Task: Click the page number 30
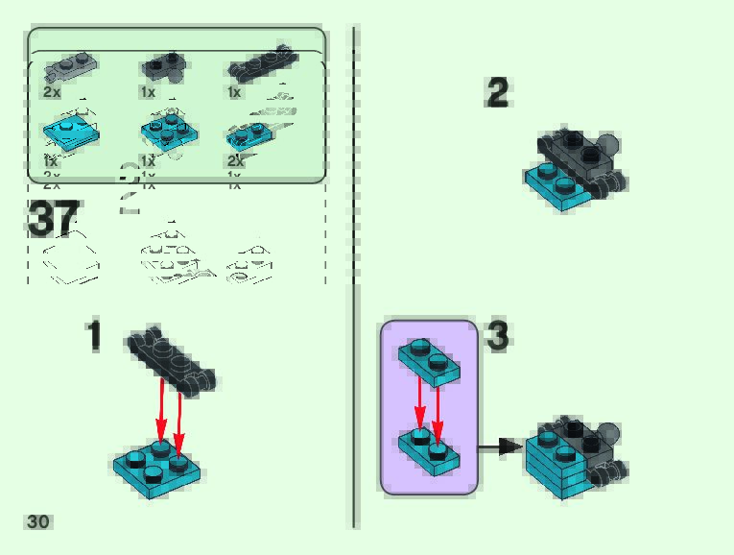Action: click(38, 522)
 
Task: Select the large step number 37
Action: click(54, 219)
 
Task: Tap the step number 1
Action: click(94, 336)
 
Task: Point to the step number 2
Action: click(498, 94)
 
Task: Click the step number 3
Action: click(498, 336)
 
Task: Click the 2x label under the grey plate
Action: click(52, 92)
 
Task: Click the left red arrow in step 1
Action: click(161, 411)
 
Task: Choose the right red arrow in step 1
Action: click(179, 418)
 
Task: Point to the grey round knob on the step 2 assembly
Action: click(606, 147)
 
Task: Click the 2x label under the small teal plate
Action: click(236, 162)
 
